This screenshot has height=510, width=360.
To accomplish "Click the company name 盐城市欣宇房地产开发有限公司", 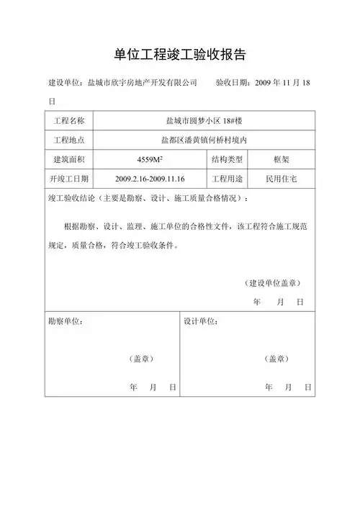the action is coord(142,83).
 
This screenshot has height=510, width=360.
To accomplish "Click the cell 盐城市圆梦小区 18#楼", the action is coord(204,120).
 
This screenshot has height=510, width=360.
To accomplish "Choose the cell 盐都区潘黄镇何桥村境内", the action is coord(204,139).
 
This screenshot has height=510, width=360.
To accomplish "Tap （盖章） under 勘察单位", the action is coord(141,359).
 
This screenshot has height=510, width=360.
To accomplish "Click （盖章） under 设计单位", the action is coord(277,359).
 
